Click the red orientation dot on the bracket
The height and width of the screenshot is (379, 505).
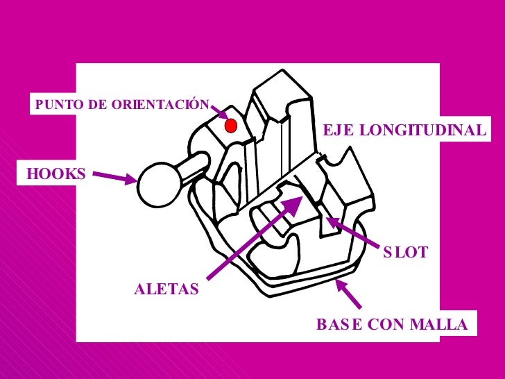tap(232, 126)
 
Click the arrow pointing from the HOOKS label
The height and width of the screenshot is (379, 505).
tap(114, 178)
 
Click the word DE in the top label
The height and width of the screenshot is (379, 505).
tap(98, 105)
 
